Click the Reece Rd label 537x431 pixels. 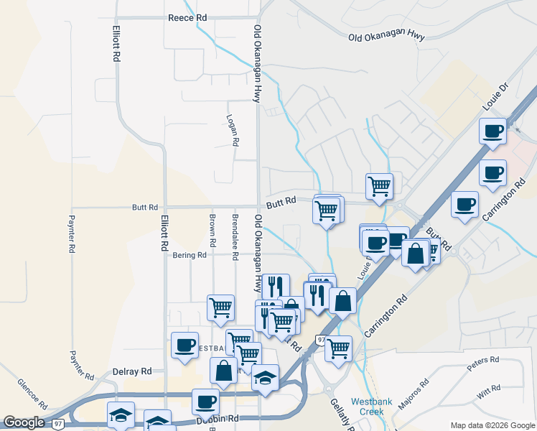(187, 17)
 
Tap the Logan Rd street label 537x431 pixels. (232, 130)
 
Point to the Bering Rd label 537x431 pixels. (190, 254)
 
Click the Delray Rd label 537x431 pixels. (132, 371)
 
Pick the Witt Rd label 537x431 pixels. (488, 391)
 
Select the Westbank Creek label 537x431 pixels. (372, 407)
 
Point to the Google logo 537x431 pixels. (24, 422)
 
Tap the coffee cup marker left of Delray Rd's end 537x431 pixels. (185, 344)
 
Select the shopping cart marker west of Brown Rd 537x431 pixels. (220, 307)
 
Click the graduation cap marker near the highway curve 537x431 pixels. (265, 376)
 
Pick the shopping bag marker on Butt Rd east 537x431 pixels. (416, 253)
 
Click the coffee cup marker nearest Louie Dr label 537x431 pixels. (492, 132)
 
